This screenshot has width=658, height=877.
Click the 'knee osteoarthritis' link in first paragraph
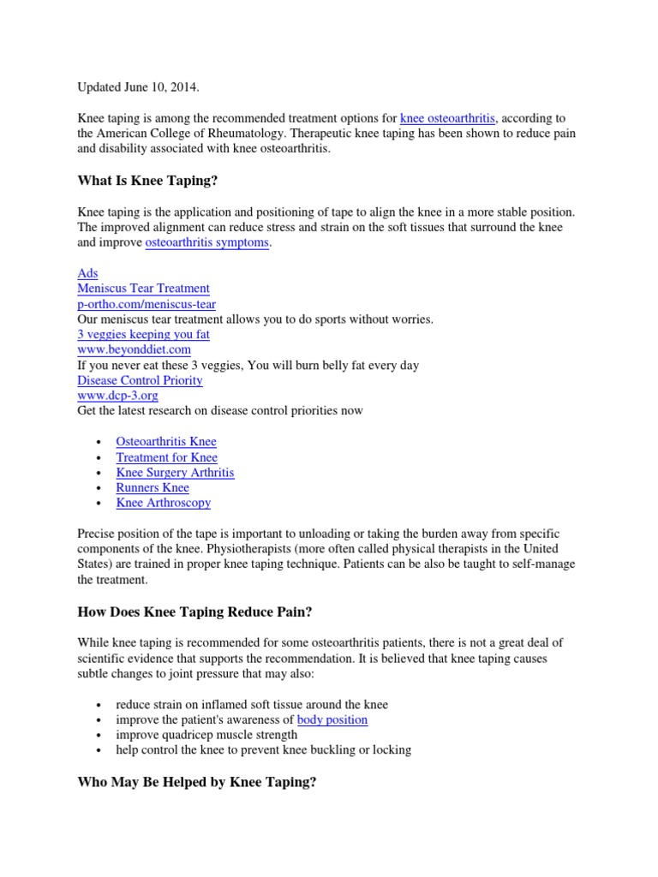point(447,117)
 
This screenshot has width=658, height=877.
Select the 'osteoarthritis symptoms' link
point(207,242)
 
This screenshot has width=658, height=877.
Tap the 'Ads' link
point(87,273)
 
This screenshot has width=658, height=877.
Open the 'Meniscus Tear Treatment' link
point(143,289)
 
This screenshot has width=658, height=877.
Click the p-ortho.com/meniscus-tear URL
point(147,304)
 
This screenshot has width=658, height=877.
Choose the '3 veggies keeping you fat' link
point(143,334)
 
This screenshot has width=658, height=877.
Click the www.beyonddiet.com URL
point(134,349)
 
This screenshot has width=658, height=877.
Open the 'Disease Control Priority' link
point(140,380)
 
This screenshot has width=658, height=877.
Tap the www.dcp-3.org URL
point(117,396)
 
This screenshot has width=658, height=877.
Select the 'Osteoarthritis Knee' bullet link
point(166,442)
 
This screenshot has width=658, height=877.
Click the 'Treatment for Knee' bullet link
point(166,457)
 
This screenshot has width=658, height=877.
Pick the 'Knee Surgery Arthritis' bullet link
point(175,473)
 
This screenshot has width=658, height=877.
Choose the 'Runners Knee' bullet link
point(153,488)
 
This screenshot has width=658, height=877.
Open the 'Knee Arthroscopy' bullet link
point(163,504)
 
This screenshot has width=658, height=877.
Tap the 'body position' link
point(332,719)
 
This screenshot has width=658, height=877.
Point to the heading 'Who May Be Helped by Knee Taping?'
point(197,782)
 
